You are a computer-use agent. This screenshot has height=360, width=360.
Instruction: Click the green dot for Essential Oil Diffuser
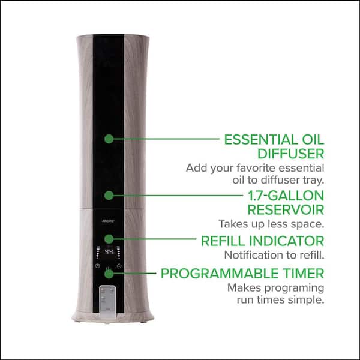pyautogui.click(x=109, y=139)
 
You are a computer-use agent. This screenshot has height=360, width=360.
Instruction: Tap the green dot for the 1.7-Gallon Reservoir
pyautogui.click(x=109, y=196)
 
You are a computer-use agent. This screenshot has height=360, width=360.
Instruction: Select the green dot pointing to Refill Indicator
pyautogui.click(x=109, y=239)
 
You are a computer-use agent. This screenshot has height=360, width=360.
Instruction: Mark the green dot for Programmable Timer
pyautogui.click(x=109, y=274)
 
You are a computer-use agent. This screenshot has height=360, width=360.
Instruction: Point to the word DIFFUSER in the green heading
pyautogui.click(x=290, y=154)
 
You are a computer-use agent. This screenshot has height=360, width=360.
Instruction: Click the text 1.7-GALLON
pyautogui.click(x=286, y=196)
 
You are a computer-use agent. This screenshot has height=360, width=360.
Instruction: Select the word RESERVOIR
pyautogui.click(x=286, y=210)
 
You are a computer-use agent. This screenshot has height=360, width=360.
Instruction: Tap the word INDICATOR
pyautogui.click(x=287, y=241)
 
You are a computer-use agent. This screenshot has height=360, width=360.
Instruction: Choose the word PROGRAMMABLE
pyautogui.click(x=220, y=274)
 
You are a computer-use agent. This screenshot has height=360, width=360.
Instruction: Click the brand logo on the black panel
pyautogui.click(x=108, y=221)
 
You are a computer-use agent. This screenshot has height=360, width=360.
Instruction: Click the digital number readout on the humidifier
pyautogui.click(x=109, y=251)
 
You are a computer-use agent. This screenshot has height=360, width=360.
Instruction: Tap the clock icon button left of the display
pyautogui.click(x=98, y=266)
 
